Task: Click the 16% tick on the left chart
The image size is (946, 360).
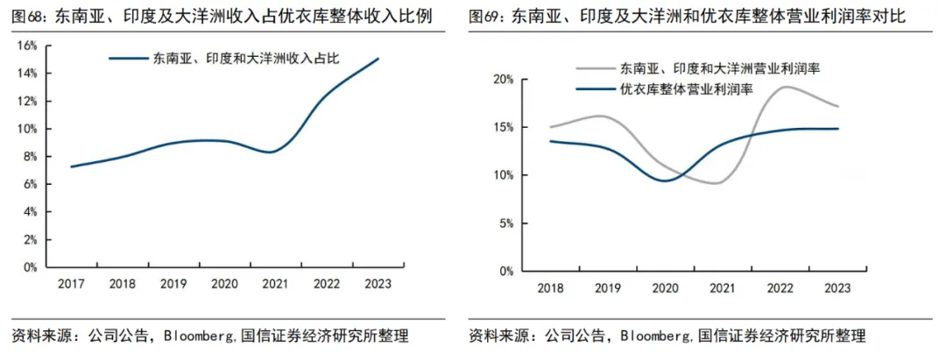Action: pos(30,46)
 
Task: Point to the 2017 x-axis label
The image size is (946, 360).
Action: pos(71,284)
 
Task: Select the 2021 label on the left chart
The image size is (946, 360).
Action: pos(276,284)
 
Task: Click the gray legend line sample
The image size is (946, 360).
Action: pos(594,68)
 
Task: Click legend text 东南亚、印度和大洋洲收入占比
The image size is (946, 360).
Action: pos(245,58)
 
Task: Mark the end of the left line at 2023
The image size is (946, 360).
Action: pos(378,59)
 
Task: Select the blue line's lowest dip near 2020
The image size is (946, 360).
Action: pos(665,180)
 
